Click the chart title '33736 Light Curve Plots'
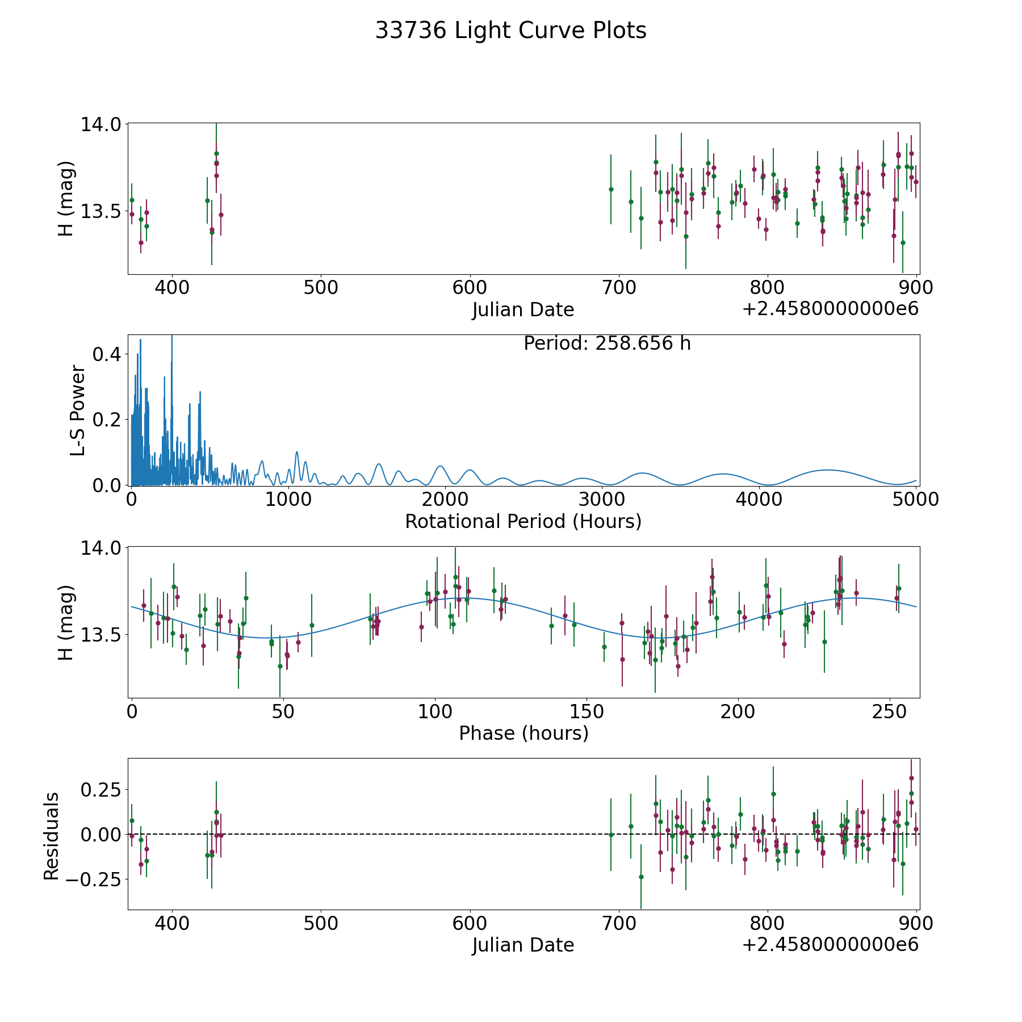pos(510,31)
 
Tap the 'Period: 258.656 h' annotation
pos(607,344)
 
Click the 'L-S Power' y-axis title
pos(78,411)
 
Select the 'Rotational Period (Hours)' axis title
pos(523,521)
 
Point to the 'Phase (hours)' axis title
pos(523,734)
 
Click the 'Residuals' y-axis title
pos(52,836)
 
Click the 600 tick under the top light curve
pos(470,288)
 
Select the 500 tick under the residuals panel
pos(320,924)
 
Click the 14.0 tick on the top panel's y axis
pos(100,124)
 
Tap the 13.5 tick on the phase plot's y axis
pos(100,635)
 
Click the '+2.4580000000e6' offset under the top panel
pos(830,309)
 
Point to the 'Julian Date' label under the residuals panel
pos(523,945)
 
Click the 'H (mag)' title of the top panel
pos(66,199)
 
